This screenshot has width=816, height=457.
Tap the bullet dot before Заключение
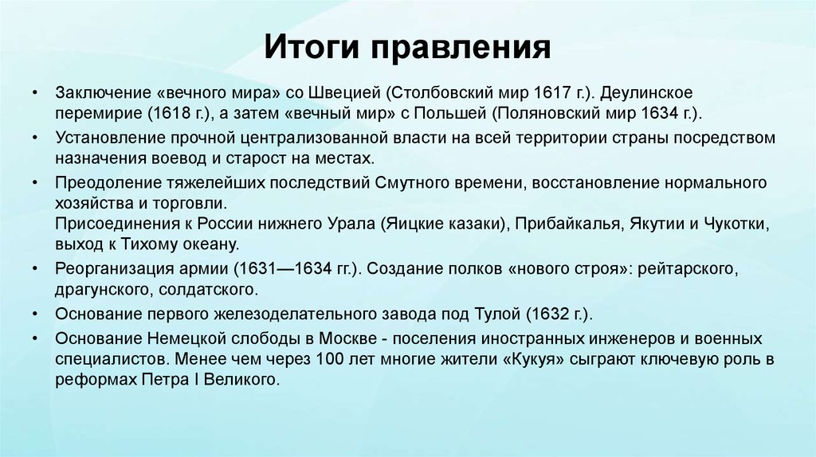click(x=35, y=92)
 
